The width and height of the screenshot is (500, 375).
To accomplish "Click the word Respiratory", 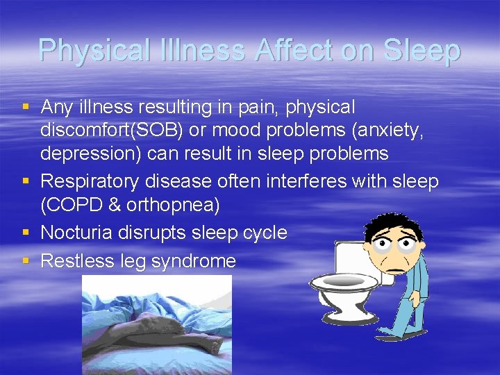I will coord(90,182).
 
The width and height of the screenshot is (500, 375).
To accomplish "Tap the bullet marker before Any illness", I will coord(26,107).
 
